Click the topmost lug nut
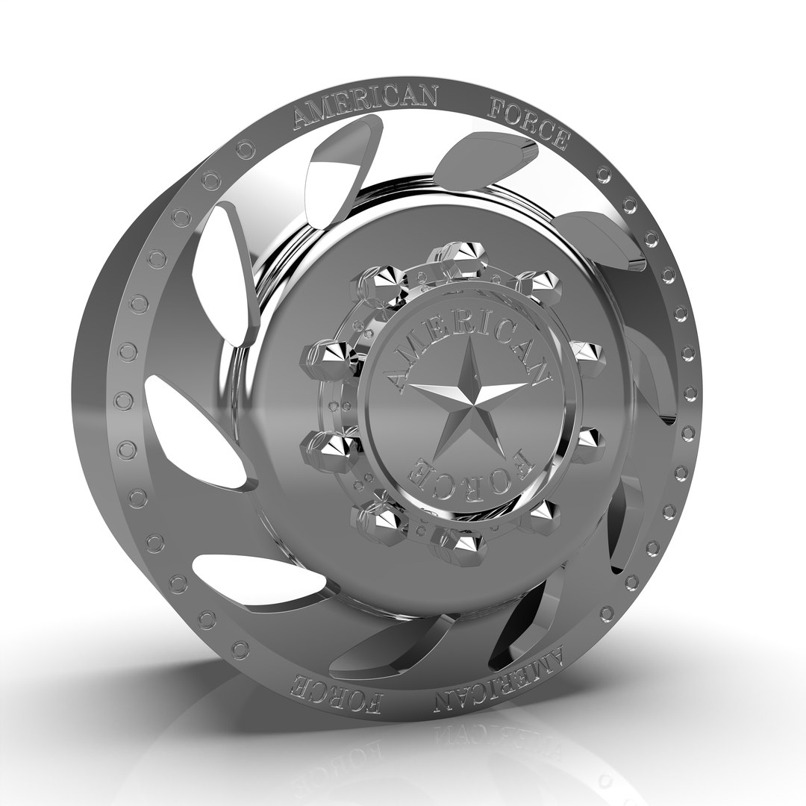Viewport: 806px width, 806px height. tap(457, 254)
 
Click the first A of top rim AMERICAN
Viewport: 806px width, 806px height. tap(303, 119)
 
